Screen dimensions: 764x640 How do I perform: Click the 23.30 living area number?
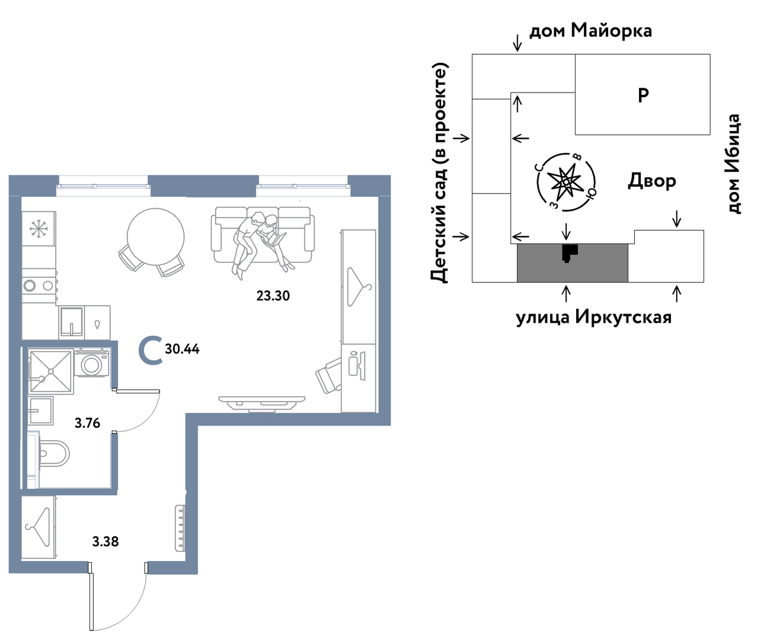pos(273,296)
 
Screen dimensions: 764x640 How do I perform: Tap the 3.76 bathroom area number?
pos(88,424)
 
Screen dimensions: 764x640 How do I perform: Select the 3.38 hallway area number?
pos(106,542)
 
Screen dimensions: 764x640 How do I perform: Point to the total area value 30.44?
pos(182,349)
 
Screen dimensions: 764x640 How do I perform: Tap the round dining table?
pos(155,237)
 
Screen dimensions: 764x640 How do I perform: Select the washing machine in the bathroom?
pos(92,363)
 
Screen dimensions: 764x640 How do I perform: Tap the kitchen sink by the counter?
pos(72,322)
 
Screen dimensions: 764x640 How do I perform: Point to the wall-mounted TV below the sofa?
pos(262,403)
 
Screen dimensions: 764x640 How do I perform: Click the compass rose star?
pos(565,182)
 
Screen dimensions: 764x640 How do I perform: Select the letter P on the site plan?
pos(643,95)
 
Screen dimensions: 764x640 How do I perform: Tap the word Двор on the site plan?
pos(652,182)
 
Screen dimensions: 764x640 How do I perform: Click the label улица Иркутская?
pos(594,317)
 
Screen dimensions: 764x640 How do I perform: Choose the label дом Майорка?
pos(590,31)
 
